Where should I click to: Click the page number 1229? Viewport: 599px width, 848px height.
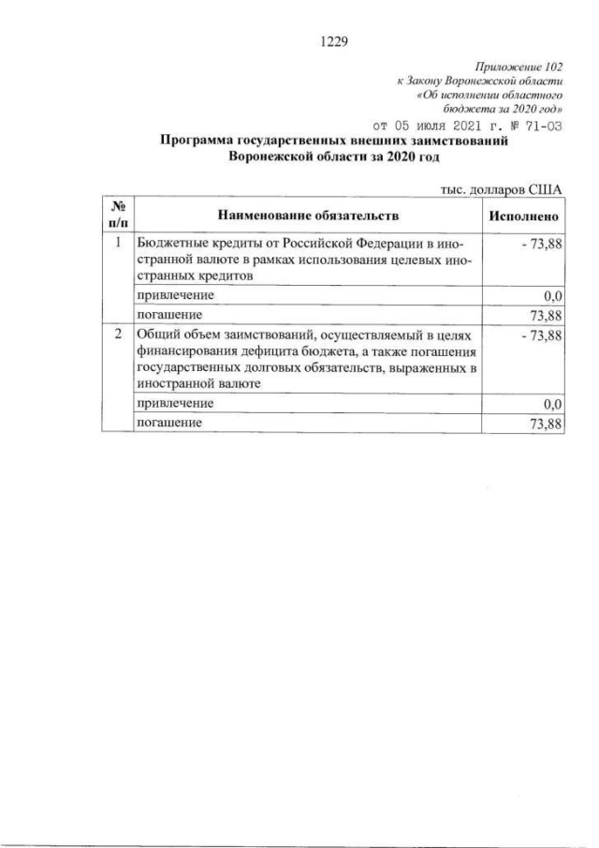tap(333, 40)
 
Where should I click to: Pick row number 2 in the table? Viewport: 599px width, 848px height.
tap(118, 334)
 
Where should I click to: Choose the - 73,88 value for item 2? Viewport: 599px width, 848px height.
tap(538, 335)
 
